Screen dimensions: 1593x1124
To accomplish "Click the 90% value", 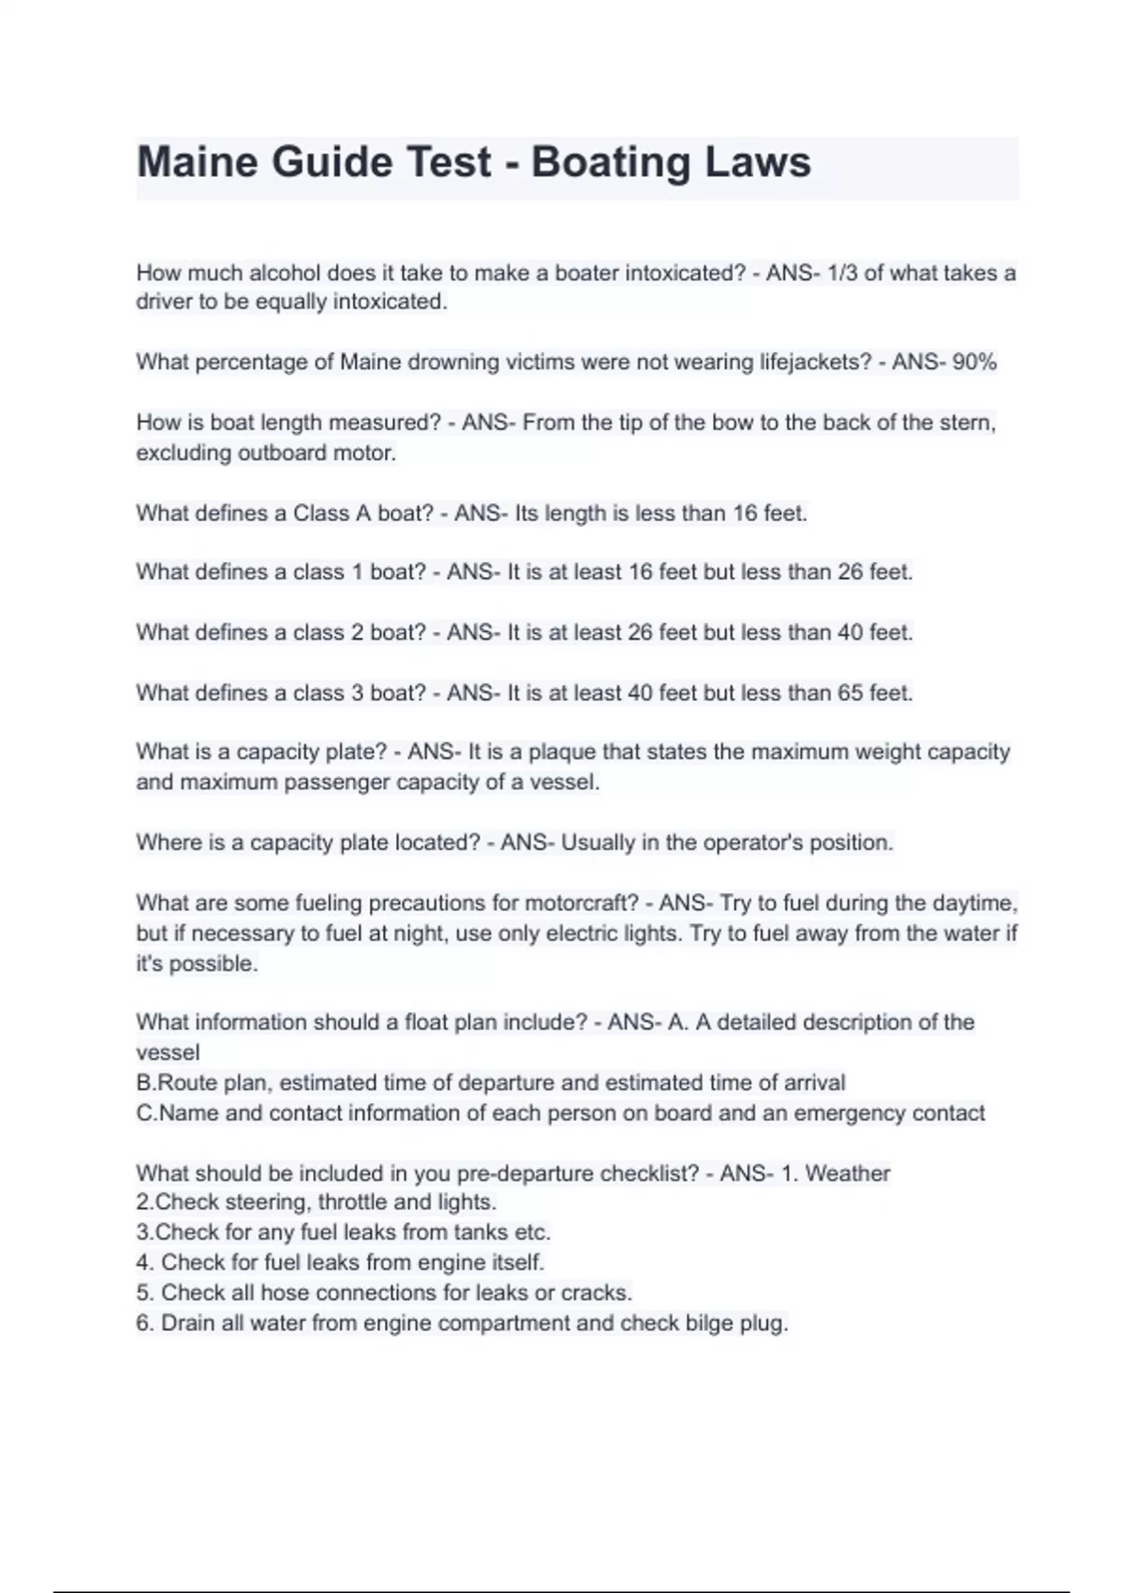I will [974, 362].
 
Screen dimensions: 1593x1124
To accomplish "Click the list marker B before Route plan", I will [144, 1082].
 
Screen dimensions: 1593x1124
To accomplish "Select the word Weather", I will [848, 1173].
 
